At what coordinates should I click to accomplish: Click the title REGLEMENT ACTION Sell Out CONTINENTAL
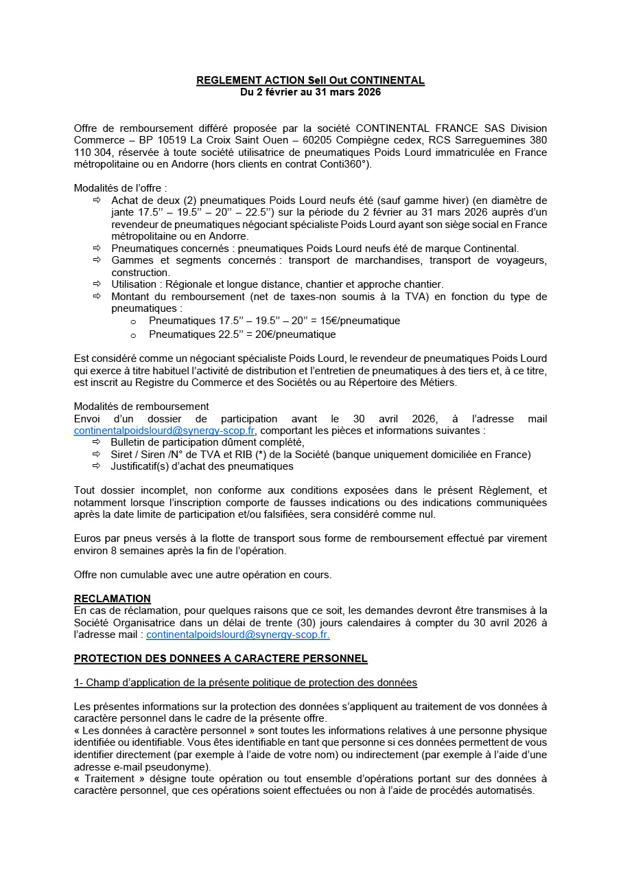coord(310,80)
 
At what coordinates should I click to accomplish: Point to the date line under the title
coord(310,91)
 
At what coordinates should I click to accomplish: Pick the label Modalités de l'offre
coord(120,187)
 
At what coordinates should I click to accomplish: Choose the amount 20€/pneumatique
coord(293,334)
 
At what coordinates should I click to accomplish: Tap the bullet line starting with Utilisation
coord(277,284)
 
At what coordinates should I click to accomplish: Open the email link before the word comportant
coord(165,431)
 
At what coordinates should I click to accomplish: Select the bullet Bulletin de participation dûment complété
coord(207,442)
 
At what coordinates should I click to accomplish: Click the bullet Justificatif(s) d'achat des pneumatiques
coord(202,466)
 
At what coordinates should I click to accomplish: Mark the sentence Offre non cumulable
coord(202,575)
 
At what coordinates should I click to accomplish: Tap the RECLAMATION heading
coord(112,599)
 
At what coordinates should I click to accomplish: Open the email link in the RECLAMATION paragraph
coord(237,635)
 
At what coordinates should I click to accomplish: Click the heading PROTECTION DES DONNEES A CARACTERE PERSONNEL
coord(220,659)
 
